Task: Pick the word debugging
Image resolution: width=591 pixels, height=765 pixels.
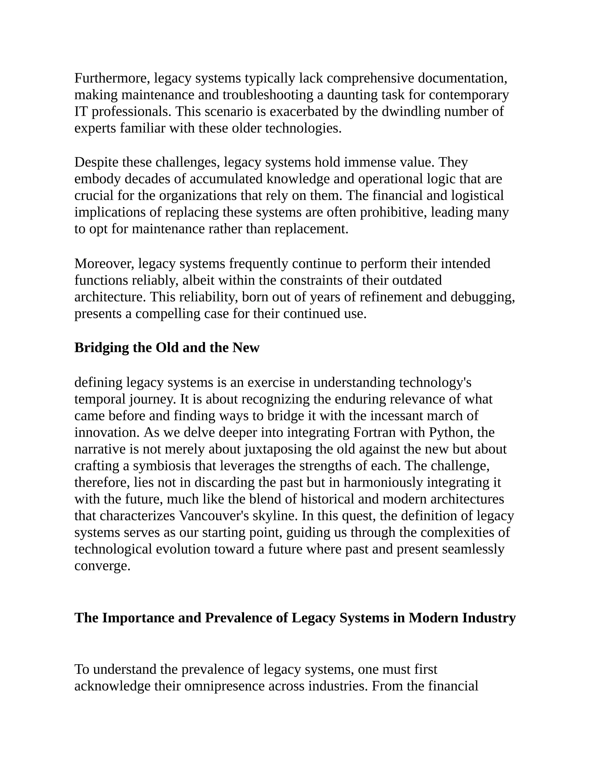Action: tap(482, 297)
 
